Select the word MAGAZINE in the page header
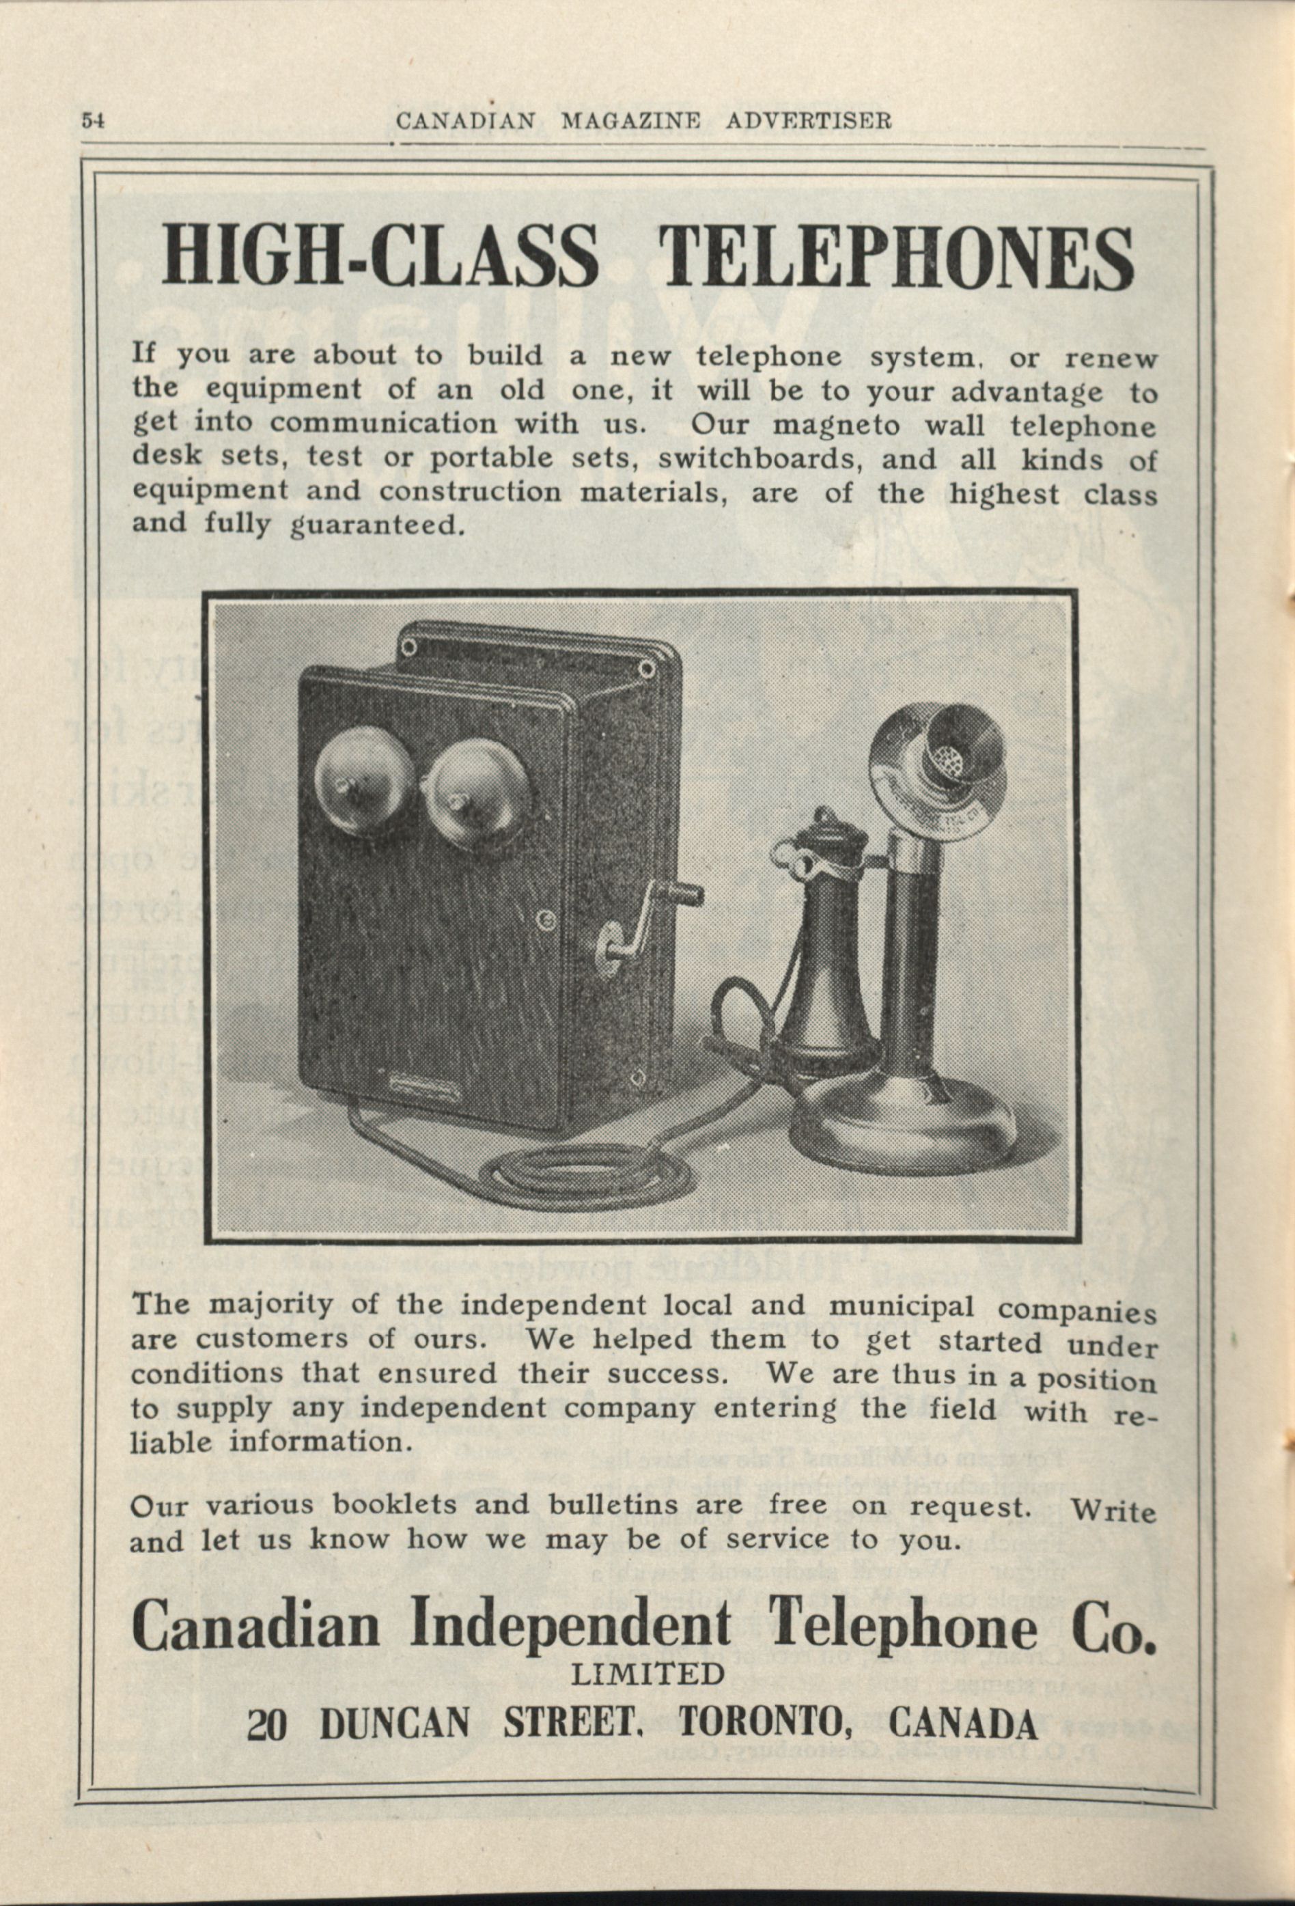coord(630,122)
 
